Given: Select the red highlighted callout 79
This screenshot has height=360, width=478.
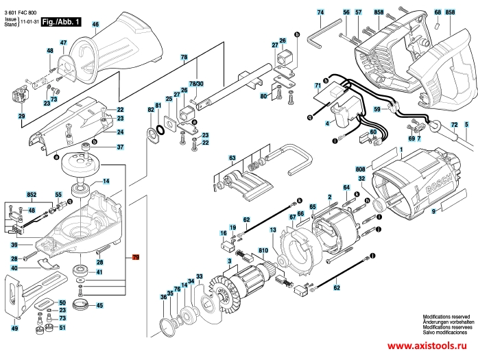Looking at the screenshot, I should click(x=136, y=258).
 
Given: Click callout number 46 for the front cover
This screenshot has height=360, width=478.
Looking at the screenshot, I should click(x=95, y=25).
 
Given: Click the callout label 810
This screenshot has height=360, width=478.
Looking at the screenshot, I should click(x=263, y=251).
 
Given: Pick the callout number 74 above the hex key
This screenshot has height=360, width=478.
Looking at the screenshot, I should click(x=320, y=12).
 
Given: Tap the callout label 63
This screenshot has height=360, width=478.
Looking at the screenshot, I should click(x=232, y=158).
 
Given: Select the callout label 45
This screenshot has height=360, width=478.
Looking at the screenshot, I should click(x=99, y=305).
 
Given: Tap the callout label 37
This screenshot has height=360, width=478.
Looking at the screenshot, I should click(x=119, y=147).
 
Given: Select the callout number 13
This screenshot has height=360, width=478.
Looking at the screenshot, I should click(x=272, y=230).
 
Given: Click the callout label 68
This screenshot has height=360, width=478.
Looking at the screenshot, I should click(x=438, y=12).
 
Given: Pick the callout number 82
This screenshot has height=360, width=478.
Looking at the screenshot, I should click(x=151, y=110).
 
